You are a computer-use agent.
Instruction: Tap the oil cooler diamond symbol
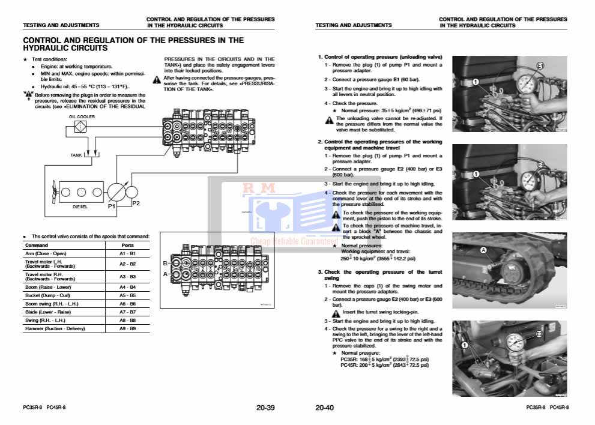pyautogui.click(x=80, y=127)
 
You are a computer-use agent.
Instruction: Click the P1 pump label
pyautogui.click(x=111, y=206)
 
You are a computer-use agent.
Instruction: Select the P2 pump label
pyautogui.click(x=136, y=203)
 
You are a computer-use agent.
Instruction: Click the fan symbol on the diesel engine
pyautogui.click(x=52, y=193)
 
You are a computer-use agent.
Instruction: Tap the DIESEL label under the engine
pyautogui.click(x=80, y=206)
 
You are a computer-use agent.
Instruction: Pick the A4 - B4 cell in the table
pyautogui.click(x=127, y=288)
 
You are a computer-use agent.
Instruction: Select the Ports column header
pyautogui.click(x=127, y=245)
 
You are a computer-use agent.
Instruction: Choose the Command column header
pyautogui.click(x=36, y=245)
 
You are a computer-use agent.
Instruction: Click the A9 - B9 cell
pyautogui.click(x=127, y=328)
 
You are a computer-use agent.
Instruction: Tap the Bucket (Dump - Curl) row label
pyautogui.click(x=47, y=296)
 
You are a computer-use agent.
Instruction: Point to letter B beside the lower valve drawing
pyautogui.click(x=165, y=264)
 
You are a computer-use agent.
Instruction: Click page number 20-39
pyautogui.click(x=265, y=408)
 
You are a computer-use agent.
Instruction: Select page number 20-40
pyautogui.click(x=324, y=408)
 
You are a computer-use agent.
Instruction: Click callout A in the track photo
pyautogui.click(x=483, y=249)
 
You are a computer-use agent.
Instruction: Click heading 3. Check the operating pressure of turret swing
pyautogui.click(x=379, y=275)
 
